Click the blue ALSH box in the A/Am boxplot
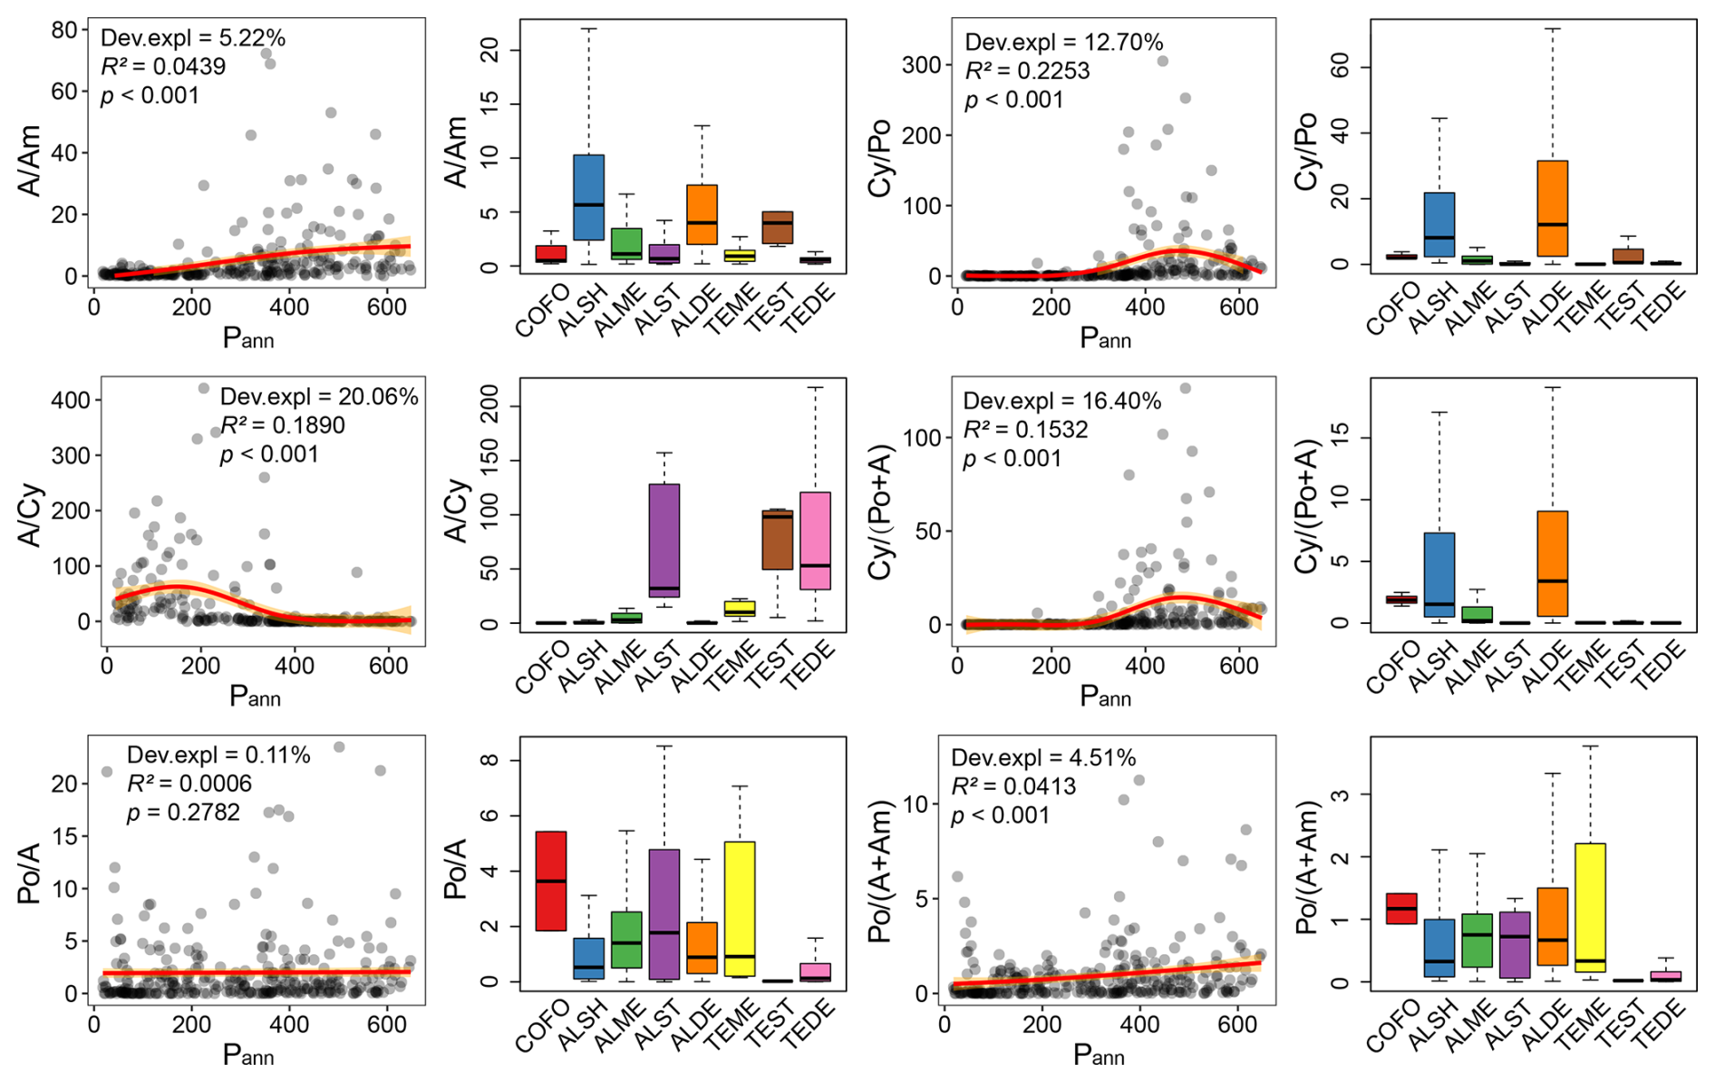point(589,197)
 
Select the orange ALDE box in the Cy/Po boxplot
point(1553,209)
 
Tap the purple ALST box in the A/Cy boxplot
point(664,540)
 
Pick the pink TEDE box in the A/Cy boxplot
point(815,541)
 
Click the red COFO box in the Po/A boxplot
point(551,881)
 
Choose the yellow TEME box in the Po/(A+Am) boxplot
point(1591,908)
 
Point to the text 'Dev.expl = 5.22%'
point(193,38)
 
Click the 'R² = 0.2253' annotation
point(1027,71)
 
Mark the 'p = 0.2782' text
point(184,813)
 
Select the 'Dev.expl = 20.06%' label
point(319,396)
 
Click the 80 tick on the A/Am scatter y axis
point(64,30)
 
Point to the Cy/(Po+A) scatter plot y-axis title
point(881,512)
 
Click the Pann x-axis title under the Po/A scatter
point(247,1055)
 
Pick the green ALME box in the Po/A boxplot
point(626,940)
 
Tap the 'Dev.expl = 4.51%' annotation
point(1043,758)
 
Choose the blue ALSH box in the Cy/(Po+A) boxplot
point(1439,575)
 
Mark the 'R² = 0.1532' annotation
point(1025,430)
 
